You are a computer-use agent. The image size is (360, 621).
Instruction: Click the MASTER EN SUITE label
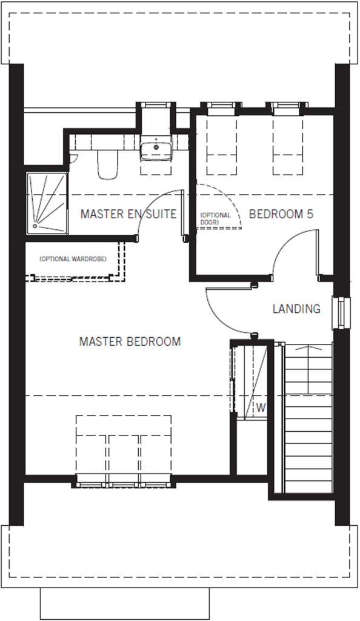128,214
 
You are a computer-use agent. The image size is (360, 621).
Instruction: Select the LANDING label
296,309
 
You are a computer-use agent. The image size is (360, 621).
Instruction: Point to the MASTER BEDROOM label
130,341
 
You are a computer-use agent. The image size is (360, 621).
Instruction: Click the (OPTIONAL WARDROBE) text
73,259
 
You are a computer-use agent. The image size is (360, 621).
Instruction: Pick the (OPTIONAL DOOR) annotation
215,218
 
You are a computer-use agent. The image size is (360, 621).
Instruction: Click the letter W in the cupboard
261,408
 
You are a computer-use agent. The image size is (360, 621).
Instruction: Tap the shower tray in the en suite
47,203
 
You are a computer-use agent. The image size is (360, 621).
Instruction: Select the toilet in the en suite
107,164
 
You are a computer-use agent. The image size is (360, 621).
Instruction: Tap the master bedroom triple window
124,483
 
